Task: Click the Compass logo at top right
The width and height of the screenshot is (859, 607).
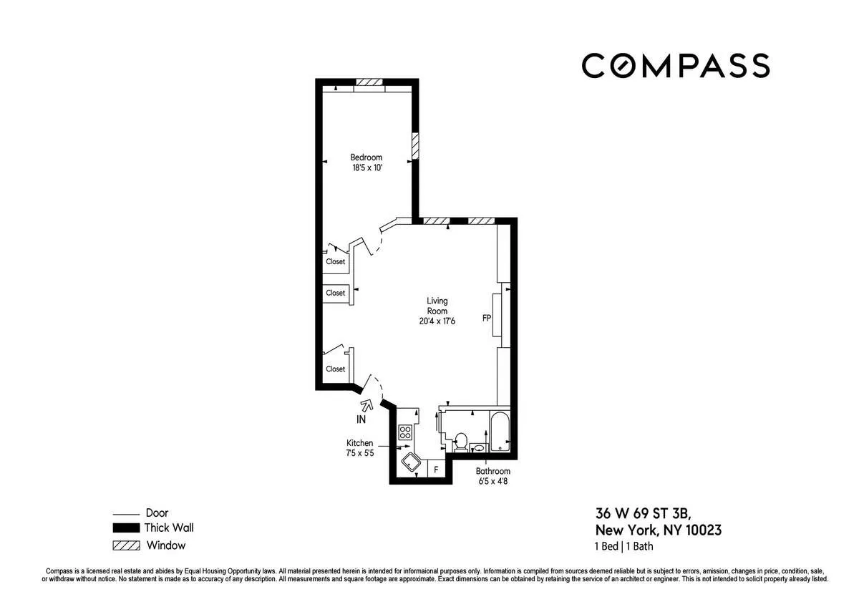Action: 675,65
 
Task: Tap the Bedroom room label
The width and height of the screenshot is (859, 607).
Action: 366,157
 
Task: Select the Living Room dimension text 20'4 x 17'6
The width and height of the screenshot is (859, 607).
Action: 437,321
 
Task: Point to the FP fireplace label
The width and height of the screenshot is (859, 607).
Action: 486,318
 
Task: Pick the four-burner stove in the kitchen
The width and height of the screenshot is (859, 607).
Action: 405,432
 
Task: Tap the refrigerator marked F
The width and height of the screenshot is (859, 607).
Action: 435,470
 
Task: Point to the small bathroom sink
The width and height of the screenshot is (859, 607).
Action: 479,448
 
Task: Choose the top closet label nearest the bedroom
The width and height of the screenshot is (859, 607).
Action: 335,262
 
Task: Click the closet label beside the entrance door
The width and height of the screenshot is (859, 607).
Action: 335,369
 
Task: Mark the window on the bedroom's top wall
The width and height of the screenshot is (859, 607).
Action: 369,82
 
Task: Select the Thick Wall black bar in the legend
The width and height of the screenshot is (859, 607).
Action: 125,528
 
